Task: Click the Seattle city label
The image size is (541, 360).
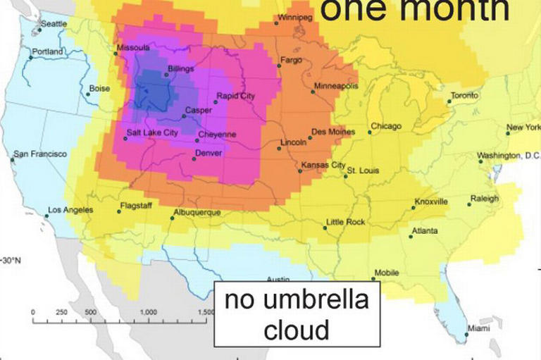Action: pyautogui.click(x=54, y=23)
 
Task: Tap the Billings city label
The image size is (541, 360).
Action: pyautogui.click(x=180, y=69)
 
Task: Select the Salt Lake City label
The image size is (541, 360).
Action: pyautogui.click(x=152, y=132)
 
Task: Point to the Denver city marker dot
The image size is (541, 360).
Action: pyautogui.click(x=194, y=159)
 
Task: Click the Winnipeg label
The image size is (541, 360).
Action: pyautogui.click(x=294, y=17)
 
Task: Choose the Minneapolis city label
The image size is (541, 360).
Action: pyautogui.click(x=336, y=86)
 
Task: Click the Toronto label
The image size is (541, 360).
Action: pyautogui.click(x=464, y=95)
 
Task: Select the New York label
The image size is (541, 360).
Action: pyautogui.click(x=523, y=128)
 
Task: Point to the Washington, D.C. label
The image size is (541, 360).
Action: pyautogui.click(x=508, y=155)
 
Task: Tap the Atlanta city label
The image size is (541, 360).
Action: pyautogui.click(x=424, y=231)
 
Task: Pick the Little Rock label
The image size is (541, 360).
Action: pyautogui.click(x=345, y=222)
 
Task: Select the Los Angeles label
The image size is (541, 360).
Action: pyautogui.click(x=69, y=210)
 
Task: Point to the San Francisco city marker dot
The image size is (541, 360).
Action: pyautogui.click(x=12, y=160)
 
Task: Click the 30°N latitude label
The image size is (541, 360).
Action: pyautogui.click(x=12, y=260)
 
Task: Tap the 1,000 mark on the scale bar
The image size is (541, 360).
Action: pyautogui.click(x=149, y=311)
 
